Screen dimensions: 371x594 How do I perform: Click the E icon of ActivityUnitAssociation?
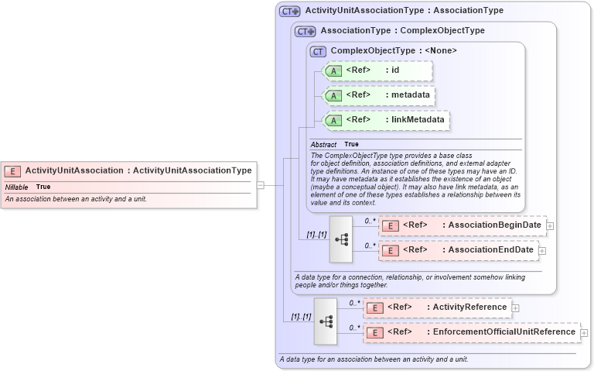pyautogui.click(x=12, y=170)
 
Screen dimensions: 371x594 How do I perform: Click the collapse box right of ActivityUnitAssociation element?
pyautogui.click(x=261, y=185)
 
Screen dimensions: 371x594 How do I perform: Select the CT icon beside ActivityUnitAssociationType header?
pyautogui.click(x=290, y=11)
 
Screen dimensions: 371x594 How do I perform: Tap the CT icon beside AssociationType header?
pyautogui.click(x=306, y=31)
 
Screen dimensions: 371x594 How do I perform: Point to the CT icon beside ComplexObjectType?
pyautogui.click(x=318, y=51)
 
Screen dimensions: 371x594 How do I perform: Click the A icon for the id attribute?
pyautogui.click(x=333, y=70)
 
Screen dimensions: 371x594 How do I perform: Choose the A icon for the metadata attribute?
pyautogui.click(x=333, y=95)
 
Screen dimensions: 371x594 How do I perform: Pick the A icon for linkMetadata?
pyautogui.click(x=333, y=120)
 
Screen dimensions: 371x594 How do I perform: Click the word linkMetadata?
pyautogui.click(x=418, y=120)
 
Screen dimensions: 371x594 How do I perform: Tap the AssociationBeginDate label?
pyautogui.click(x=494, y=225)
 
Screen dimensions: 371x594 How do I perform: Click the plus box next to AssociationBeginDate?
pyautogui.click(x=550, y=225)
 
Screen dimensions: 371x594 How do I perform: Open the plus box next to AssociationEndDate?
pyautogui.click(x=542, y=250)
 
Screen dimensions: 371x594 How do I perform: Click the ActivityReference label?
pyautogui.click(x=469, y=307)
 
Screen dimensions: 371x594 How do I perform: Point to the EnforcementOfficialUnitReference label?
pyautogui.click(x=504, y=332)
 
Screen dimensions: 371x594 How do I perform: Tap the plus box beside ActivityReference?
pyautogui.click(x=515, y=307)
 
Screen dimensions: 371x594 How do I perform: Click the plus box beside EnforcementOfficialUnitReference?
pyautogui.click(x=584, y=332)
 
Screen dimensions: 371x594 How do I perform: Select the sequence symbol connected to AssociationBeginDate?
pyautogui.click(x=341, y=239)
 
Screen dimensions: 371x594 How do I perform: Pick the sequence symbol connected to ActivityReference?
pyautogui.click(x=326, y=321)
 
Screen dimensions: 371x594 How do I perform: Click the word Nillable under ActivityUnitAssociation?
pyautogui.click(x=16, y=187)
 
